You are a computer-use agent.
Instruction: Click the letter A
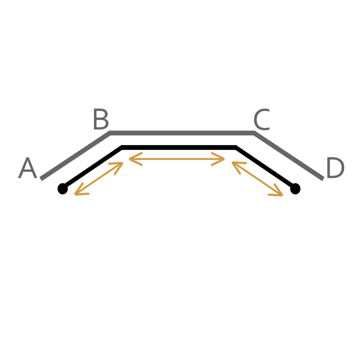pos(27,167)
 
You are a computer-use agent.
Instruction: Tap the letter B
pos(101,119)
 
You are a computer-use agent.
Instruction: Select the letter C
pos(261,119)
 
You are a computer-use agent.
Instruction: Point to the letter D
pos(335,167)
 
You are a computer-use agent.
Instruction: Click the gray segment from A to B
pos(75,155)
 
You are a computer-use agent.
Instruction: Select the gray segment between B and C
pos(182,133)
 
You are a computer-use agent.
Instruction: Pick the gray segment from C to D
pos(289,155)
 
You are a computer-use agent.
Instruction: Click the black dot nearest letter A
pos(62,188)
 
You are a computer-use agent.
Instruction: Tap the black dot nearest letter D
pos(295,188)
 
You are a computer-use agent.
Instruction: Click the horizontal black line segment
pos(178,147)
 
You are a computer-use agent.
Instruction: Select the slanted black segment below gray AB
pos(92,167)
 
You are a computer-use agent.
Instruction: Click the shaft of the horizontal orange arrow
pos(177,159)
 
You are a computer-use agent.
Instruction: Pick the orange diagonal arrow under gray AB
pos(98,178)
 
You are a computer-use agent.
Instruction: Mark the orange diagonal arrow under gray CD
pos(257,178)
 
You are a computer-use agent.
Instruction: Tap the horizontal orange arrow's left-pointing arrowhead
pos(135,159)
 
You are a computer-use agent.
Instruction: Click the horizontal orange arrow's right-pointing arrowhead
pos(218,159)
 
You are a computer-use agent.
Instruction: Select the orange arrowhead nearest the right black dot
pos(276,191)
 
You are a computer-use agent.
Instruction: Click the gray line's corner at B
pos(110,132)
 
